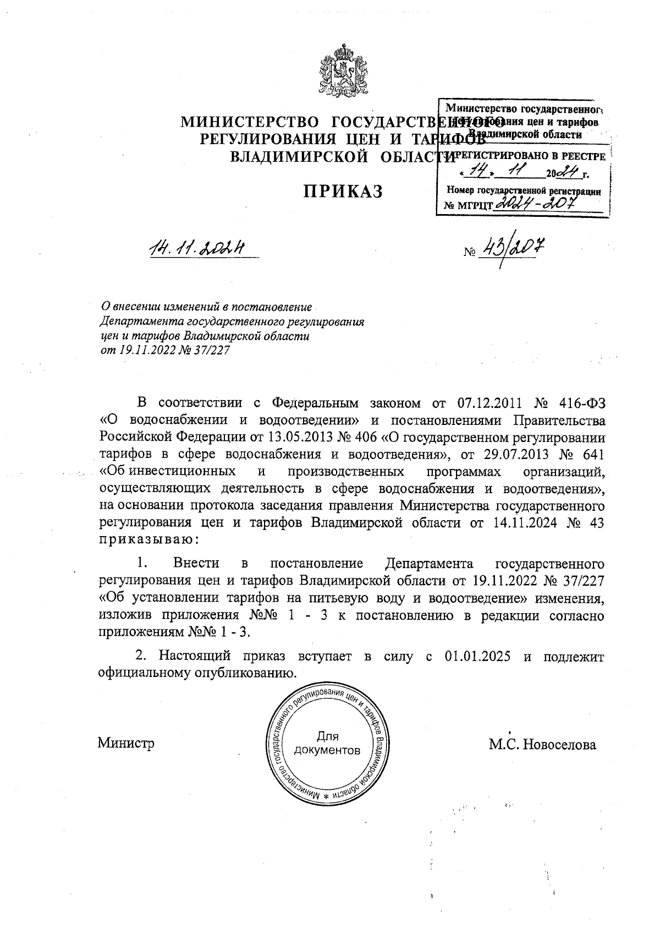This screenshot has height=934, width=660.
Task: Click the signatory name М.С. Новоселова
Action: [x=542, y=744]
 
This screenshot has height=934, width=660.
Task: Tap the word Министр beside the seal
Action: [x=126, y=743]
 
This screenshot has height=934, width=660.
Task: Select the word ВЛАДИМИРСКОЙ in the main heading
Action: [x=298, y=156]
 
